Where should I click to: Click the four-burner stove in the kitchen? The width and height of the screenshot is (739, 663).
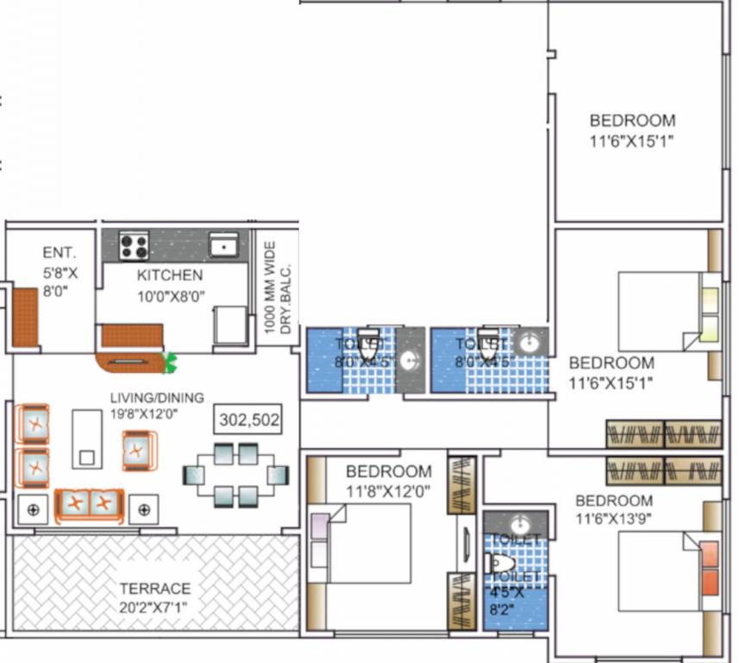[134, 247]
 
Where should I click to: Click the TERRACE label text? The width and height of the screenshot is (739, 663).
[155, 589]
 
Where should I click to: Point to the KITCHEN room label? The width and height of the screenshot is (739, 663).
[170, 275]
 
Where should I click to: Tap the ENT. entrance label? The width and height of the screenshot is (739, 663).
[59, 253]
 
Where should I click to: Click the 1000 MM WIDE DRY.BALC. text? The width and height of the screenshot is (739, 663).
[277, 288]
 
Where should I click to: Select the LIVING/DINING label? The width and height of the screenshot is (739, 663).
[156, 398]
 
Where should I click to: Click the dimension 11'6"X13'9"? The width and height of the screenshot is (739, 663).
[614, 520]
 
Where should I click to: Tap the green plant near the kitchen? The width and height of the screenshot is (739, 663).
[171, 363]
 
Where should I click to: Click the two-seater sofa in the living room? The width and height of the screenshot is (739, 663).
[89, 504]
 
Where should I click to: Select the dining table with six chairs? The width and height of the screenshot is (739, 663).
[235, 474]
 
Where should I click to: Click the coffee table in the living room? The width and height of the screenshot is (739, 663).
[86, 438]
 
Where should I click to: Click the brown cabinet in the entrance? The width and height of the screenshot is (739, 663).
[25, 317]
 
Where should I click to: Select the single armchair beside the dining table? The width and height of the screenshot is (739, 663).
[139, 450]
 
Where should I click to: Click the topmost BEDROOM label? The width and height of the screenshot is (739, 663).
[632, 121]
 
